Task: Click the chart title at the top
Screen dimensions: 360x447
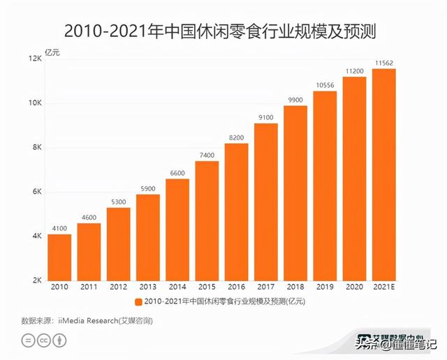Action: (223, 30)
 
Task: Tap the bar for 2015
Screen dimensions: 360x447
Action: (207, 220)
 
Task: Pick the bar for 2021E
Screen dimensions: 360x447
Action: (383, 174)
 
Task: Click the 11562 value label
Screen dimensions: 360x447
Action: (383, 63)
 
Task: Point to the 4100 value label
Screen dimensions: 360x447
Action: (59, 229)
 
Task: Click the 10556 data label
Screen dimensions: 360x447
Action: (325, 86)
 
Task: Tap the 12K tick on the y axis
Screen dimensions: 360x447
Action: (35, 59)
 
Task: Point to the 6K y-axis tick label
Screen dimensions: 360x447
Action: (36, 192)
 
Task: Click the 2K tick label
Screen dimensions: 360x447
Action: (36, 280)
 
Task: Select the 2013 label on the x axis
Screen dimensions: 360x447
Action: (148, 287)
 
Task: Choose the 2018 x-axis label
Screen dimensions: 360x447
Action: (295, 287)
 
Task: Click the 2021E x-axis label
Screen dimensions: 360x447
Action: (383, 287)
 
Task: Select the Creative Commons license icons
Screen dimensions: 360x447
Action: (44, 340)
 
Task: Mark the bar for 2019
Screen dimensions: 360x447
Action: (325, 186)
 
